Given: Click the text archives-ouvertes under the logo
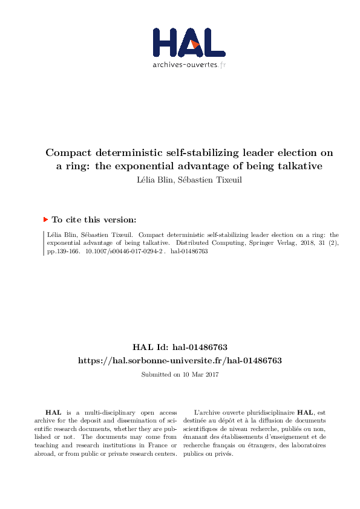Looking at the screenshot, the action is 184,64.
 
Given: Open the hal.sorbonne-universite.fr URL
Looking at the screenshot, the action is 180,360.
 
